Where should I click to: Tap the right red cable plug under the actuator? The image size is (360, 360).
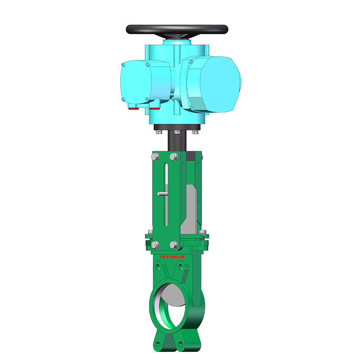coord(155,108)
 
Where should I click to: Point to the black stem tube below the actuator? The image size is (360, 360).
coord(176,142)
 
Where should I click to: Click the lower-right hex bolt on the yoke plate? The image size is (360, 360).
coord(173,244)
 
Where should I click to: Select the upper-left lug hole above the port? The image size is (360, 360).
coord(158,268)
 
